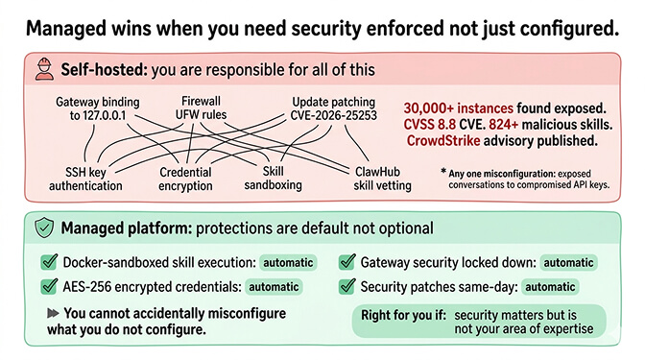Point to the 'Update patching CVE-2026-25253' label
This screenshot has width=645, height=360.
(335, 108)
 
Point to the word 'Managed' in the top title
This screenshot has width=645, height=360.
(71, 27)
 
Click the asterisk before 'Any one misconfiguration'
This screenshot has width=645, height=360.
(442, 172)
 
